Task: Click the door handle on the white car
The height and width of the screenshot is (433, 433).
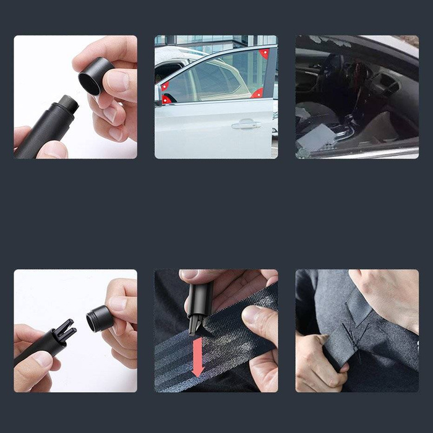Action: point(246,124)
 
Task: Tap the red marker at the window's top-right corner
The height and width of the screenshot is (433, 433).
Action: point(264,54)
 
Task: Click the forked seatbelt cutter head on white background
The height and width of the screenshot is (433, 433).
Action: point(65,332)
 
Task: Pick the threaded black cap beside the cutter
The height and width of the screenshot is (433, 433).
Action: point(99,318)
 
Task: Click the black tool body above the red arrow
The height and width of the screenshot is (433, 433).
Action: point(200,297)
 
